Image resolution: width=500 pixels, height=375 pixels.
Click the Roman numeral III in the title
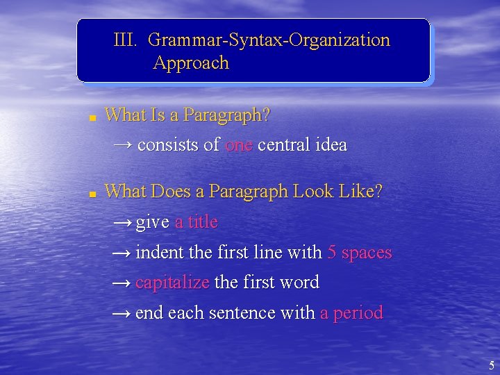pos(126,40)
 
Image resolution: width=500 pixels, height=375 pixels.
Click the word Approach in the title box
pos(191,63)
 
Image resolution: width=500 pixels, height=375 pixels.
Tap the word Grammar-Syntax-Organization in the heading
pos(269,40)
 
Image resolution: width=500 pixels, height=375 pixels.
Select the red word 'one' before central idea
pos(238,145)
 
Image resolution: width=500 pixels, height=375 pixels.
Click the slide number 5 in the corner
pos(492,366)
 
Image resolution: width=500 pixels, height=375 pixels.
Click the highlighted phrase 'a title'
pos(197,222)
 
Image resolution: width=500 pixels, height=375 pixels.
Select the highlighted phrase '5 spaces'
pos(359,253)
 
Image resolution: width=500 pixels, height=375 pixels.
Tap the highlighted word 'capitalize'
pos(172,283)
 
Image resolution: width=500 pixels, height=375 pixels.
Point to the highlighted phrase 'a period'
pos(351,313)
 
